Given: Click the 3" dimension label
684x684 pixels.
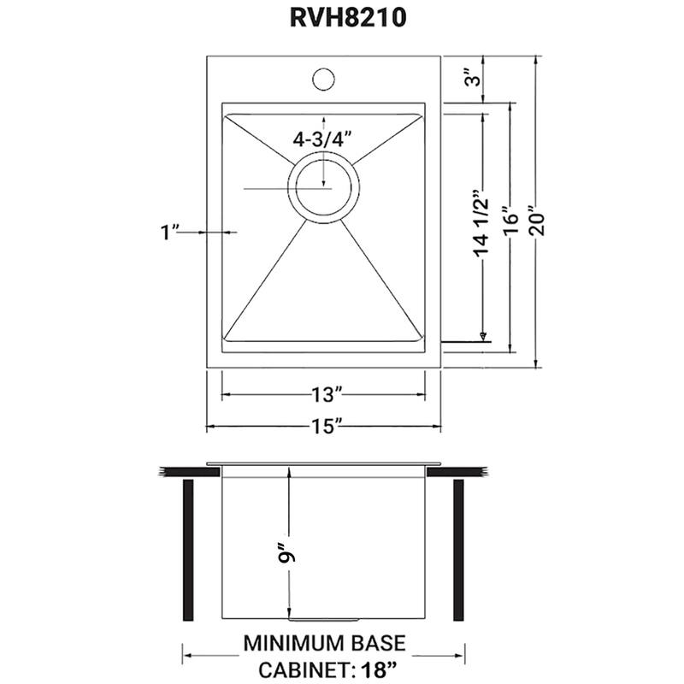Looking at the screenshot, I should (x=469, y=80).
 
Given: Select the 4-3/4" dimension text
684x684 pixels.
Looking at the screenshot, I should (x=322, y=140).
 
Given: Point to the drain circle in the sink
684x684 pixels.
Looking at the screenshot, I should (x=323, y=188).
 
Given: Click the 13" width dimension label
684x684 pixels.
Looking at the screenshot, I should (x=325, y=395).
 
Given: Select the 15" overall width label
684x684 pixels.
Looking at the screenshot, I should (x=325, y=425).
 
